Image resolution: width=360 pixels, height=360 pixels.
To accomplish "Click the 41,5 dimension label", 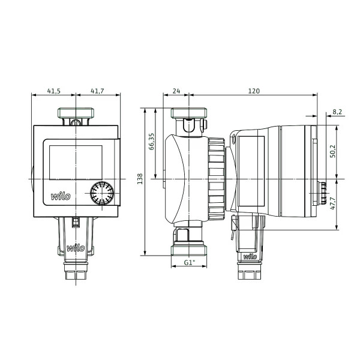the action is coord(54,91).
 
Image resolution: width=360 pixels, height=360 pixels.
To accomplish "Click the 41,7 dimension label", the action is coord(97,91).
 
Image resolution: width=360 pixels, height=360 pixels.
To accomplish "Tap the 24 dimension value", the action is coord(176,91).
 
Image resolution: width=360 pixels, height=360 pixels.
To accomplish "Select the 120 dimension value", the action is coord(254,91).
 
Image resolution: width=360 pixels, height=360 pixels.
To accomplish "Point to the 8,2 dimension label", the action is coord(337,112).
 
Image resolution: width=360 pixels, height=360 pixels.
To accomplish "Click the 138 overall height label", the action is coord(140,179).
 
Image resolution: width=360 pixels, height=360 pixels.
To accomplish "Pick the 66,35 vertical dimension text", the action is coord(152,142).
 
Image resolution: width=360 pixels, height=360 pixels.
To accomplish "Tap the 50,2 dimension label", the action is coord(332,151).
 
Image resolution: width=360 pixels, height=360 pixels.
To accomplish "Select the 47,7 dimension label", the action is coord(332,203).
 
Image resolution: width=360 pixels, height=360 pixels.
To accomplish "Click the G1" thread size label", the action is coord(189,262).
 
